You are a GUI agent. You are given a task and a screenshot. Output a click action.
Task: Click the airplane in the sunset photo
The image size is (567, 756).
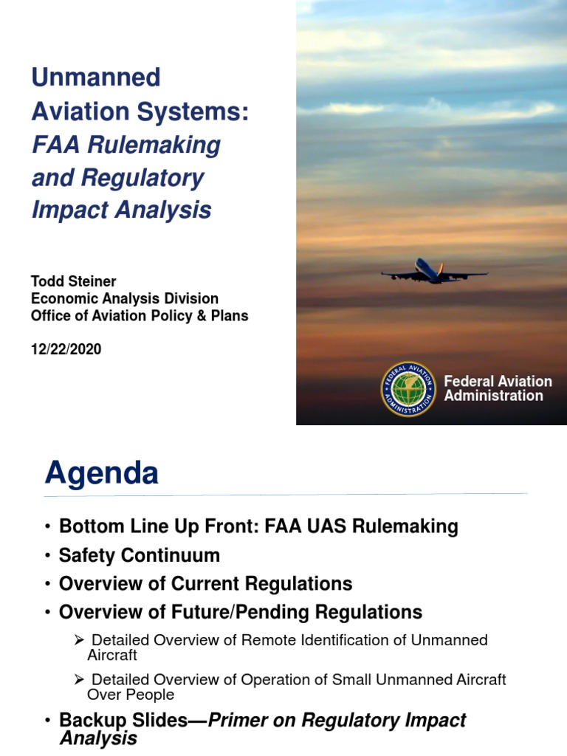[x=434, y=273]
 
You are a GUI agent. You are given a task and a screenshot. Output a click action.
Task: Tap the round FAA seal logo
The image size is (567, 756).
[x=408, y=388]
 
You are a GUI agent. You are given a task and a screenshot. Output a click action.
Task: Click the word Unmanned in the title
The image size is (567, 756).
[x=95, y=77]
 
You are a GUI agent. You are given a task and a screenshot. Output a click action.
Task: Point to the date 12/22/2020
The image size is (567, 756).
[x=66, y=350]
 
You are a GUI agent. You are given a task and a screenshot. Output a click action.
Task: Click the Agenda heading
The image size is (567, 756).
[x=102, y=473]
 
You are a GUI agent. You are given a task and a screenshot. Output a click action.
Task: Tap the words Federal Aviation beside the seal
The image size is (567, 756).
[x=498, y=381]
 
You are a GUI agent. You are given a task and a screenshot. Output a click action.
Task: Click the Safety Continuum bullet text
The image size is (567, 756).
[x=140, y=555]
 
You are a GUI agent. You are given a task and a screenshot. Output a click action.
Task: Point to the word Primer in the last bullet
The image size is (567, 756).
[x=243, y=721]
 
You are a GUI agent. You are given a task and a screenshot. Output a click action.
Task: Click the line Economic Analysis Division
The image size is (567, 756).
[x=124, y=299]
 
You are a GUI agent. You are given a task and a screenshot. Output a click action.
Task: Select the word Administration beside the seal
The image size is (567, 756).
[x=493, y=396]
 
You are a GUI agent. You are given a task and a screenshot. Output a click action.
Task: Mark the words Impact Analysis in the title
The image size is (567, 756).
[x=121, y=210]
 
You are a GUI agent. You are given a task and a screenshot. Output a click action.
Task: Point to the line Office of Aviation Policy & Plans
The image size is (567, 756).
[x=139, y=316]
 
